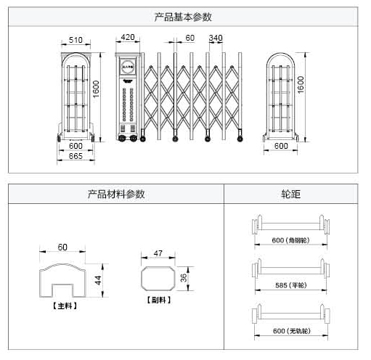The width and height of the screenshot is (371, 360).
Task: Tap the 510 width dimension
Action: [75, 40]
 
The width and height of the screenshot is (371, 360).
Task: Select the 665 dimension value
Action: [76, 156]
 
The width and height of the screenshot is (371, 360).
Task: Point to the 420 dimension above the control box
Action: [129, 37]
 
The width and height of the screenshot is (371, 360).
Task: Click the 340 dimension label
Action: [216, 38]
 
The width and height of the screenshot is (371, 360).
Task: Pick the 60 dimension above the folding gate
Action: [189, 38]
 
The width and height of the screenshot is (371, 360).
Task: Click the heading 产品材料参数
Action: [116, 194]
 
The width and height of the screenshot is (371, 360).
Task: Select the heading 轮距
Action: [290, 194]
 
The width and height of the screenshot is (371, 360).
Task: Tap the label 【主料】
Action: [65, 306]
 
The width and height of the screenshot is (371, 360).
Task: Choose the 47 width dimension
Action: [158, 253]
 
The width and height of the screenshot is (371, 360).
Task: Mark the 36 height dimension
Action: [184, 277]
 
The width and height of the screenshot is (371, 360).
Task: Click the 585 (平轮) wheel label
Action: [289, 286]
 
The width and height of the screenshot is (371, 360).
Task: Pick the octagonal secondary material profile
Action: [158, 278]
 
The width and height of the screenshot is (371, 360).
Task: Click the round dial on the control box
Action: [127, 64]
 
